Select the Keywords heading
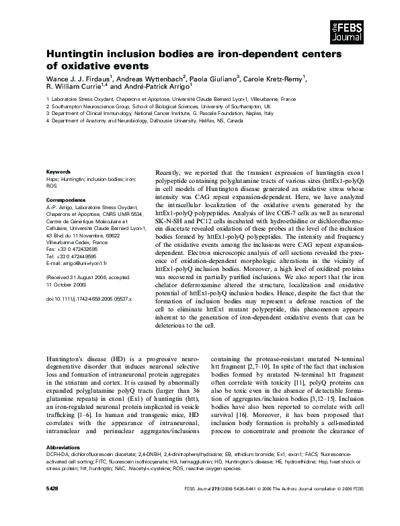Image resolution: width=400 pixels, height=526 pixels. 58,172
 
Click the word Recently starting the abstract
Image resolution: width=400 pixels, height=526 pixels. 169,173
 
